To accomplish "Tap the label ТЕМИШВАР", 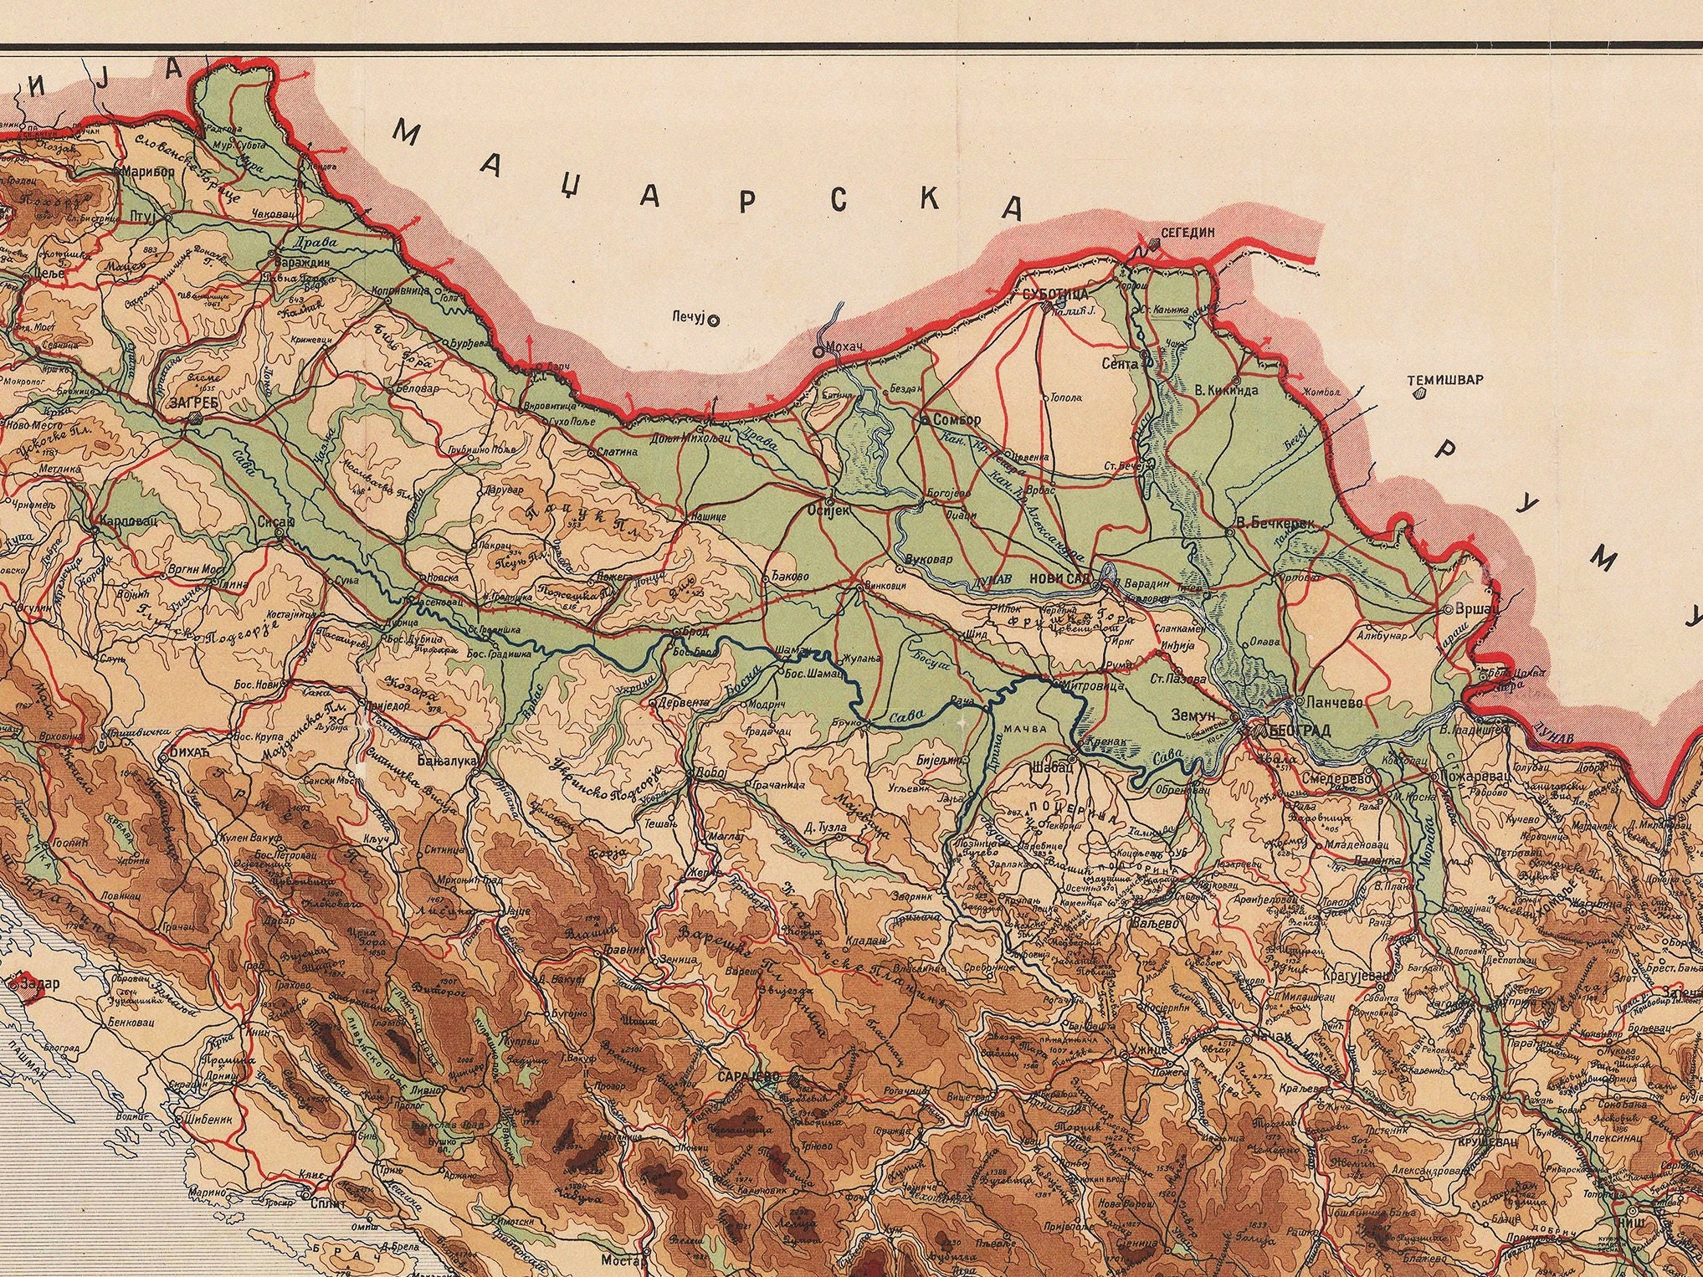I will pos(1444,379).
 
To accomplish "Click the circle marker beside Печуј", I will pos(713,319).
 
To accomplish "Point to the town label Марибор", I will pos(148,172).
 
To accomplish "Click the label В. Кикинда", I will pos(1225,389).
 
